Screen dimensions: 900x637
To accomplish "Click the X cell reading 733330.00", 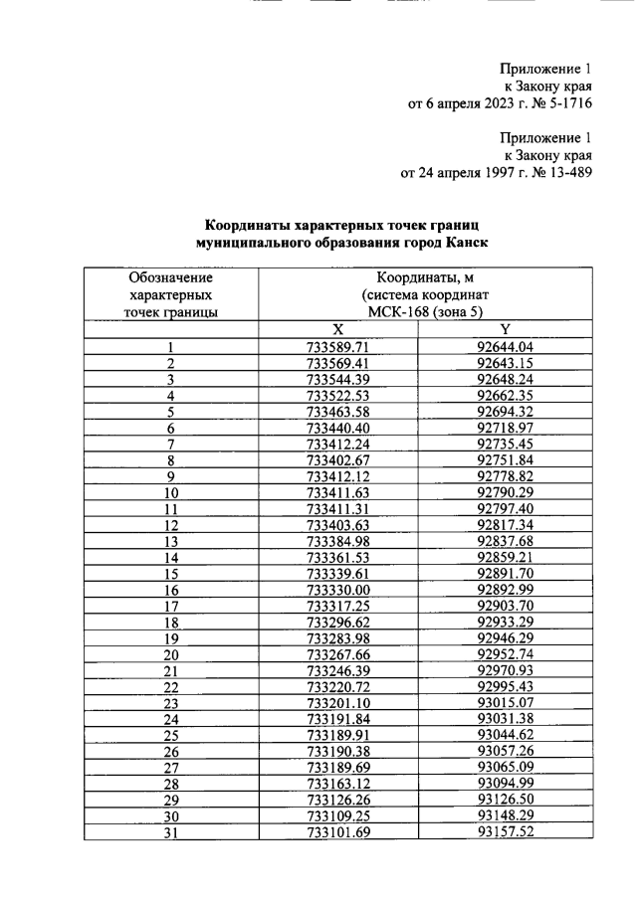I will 338,589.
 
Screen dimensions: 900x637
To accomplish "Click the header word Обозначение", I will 171,278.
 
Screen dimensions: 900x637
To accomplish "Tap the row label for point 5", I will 171,412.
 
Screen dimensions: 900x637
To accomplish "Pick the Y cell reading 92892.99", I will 506,589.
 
